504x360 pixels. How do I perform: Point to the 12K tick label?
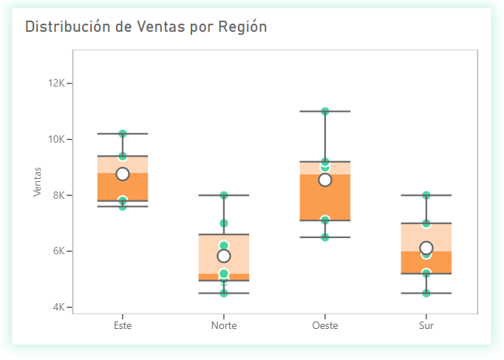pos(57,84)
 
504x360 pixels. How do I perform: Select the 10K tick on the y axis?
pos(57,139)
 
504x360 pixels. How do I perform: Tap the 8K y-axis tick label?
pos(59,195)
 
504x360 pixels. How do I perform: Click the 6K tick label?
pos(59,251)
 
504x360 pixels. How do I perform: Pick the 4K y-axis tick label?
pos(59,307)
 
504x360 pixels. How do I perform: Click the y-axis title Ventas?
pos(37,181)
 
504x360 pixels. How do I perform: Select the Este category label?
pos(123,325)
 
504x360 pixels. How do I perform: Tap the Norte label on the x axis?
pos(224,325)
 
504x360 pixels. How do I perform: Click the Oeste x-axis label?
pos(325,325)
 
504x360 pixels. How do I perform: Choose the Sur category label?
pos(426,325)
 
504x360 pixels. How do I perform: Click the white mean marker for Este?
pos(123,174)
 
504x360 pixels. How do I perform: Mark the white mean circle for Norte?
pos(224,256)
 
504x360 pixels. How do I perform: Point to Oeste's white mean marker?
pos(325,180)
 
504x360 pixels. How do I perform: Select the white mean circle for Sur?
pos(426,248)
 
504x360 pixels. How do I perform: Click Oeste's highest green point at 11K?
pos(325,112)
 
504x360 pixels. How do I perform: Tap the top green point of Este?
pos(123,134)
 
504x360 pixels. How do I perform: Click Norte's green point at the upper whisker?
pos(224,195)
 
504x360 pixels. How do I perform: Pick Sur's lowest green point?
pos(426,293)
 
